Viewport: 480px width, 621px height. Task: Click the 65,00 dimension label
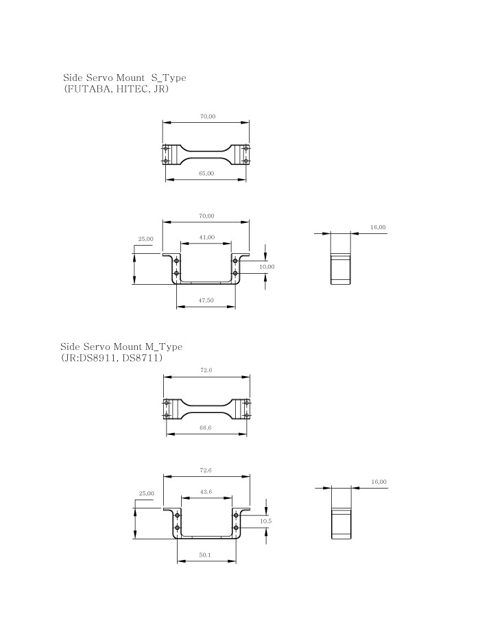point(206,174)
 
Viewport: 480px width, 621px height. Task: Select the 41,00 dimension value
point(206,237)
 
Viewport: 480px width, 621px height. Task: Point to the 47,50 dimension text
point(206,300)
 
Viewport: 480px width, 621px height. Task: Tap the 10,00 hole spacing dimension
point(267,267)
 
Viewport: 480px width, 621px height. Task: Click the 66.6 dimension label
point(206,427)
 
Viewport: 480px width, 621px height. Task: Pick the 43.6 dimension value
point(206,492)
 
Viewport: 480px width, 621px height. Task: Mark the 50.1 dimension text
point(205,555)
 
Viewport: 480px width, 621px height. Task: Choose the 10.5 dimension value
point(266,522)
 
